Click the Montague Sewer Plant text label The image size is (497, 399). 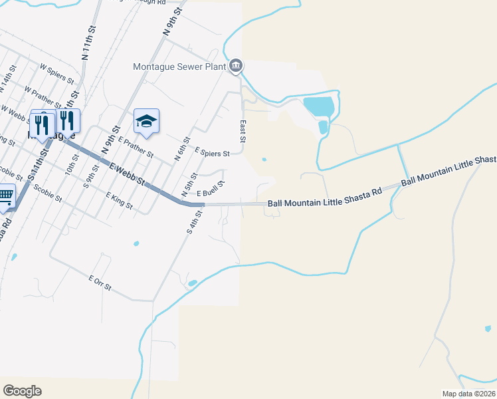[179, 66]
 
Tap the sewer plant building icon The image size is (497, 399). [236, 66]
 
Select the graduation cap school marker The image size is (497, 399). [146, 121]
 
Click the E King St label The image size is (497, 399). [120, 200]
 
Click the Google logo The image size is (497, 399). [22, 391]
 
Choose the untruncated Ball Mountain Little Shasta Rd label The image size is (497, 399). [325, 198]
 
